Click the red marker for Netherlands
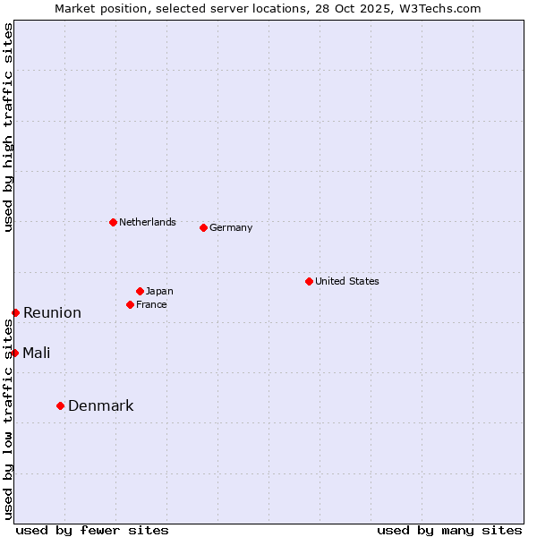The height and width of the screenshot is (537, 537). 113,222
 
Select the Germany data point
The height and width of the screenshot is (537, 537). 203,227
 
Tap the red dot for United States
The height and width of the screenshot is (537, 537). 309,281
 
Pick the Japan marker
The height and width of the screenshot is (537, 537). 140,291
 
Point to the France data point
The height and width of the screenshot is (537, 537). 130,304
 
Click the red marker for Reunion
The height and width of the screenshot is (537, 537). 15,312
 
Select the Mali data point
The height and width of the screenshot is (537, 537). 14,353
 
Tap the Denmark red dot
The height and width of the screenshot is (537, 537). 60,405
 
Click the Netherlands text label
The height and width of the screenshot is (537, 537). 147,222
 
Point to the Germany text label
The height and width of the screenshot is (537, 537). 231,227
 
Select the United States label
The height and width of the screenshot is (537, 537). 346,281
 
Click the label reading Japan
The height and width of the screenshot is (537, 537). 159,291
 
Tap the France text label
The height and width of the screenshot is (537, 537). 151,304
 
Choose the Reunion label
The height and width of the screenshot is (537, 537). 52,312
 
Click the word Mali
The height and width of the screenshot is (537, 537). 37,353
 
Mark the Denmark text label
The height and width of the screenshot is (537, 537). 101,405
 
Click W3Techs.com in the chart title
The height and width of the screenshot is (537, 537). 439,8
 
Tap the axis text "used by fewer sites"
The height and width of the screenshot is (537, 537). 92,530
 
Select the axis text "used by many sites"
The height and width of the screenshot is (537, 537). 449,530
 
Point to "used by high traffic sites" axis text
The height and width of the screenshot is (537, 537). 8,128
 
